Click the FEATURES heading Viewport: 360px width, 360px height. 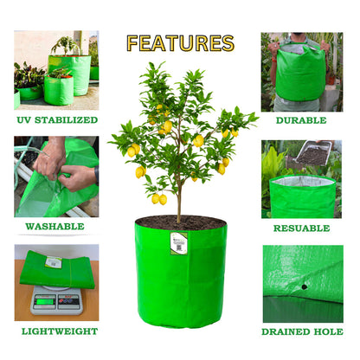tap(180, 43)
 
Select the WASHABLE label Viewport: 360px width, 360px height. tap(55, 227)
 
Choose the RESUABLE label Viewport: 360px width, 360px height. tap(301, 228)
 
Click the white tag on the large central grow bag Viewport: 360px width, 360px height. tap(178, 243)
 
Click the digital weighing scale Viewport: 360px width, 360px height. tap(56, 300)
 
